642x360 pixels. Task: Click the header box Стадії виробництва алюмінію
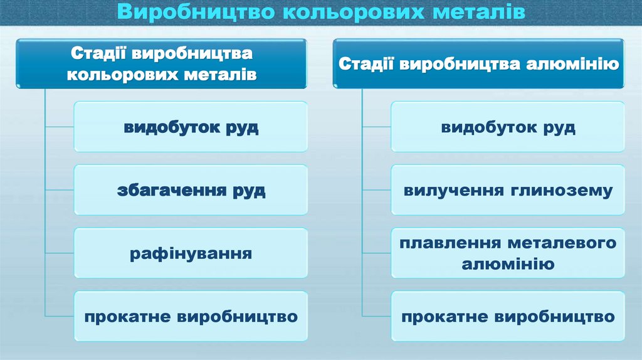click(478, 63)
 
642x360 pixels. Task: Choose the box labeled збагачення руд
click(191, 190)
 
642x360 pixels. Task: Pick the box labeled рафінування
click(191, 253)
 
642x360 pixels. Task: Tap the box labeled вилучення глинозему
click(508, 190)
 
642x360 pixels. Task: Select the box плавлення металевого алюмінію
click(508, 253)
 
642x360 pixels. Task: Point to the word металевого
click(562, 243)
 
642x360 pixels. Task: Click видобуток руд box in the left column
click(191, 127)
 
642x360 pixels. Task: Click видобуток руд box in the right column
click(508, 127)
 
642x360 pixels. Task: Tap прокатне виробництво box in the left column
click(191, 316)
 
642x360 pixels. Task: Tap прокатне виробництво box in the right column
click(508, 316)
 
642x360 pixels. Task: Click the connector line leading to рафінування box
click(60, 253)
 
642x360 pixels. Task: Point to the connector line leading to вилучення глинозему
click(377, 190)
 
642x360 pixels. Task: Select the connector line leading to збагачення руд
click(60, 190)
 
